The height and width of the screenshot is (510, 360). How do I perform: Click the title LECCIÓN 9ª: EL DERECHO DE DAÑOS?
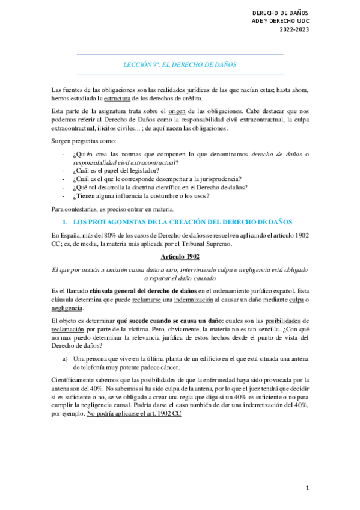(x=180, y=64)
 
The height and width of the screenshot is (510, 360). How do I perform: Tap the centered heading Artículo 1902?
(x=180, y=256)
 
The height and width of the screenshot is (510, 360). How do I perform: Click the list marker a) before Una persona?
(x=65, y=358)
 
